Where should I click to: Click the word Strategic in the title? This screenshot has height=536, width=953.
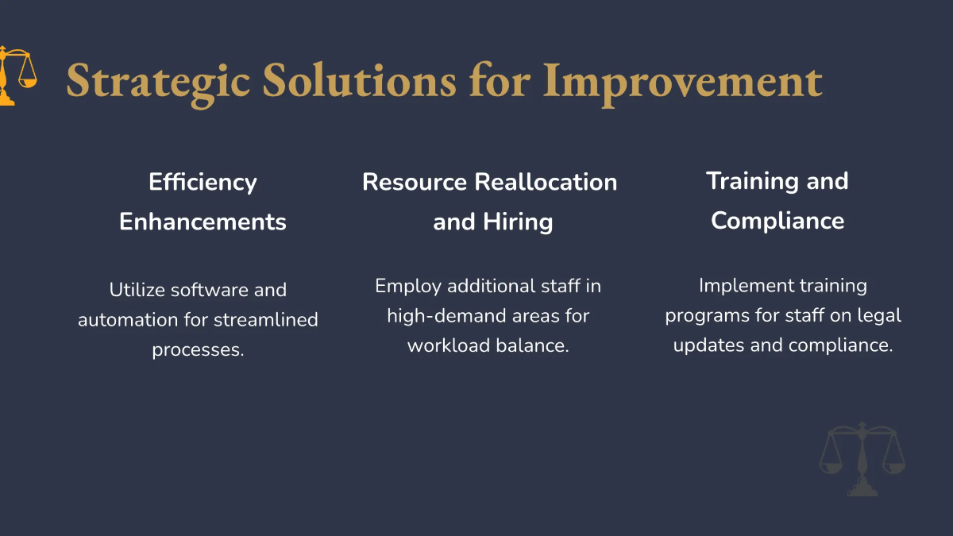pos(158,83)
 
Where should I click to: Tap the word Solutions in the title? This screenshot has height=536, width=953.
pos(360,79)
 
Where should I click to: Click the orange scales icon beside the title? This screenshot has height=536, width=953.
pos(18,75)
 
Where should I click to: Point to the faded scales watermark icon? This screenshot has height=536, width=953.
pos(862,459)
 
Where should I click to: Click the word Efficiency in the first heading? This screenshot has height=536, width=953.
pos(203,183)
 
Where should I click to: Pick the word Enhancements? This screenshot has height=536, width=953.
pos(203,222)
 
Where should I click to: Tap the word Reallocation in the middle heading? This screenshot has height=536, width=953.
pos(546,182)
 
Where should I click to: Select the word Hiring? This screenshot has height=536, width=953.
pos(518,222)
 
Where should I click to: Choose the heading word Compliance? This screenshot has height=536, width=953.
pos(777,222)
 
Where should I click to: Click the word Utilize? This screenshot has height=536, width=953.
pos(137,290)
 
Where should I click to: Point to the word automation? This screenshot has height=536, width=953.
pos(128,320)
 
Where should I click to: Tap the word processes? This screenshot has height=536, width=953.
pos(199,350)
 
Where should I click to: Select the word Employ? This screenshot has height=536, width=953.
pos(408,287)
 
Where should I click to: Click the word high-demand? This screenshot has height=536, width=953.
pos(446,316)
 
